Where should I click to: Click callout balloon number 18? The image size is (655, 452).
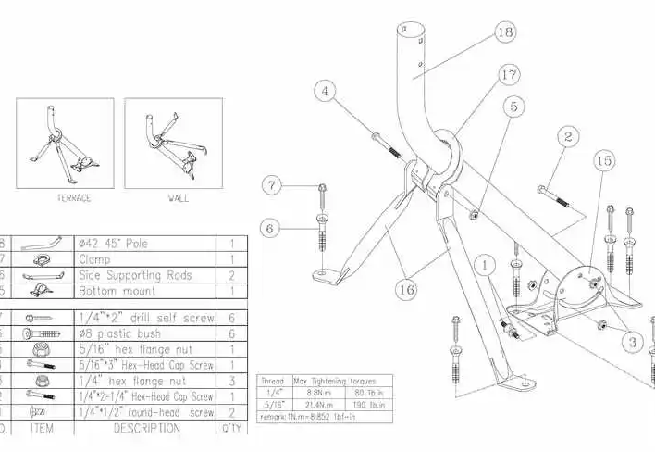click(x=504, y=32)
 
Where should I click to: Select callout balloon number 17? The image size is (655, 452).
click(x=507, y=72)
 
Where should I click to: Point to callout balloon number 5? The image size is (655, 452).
click(x=513, y=107)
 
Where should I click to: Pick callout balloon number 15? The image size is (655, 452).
click(x=603, y=161)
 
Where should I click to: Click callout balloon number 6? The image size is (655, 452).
click(x=270, y=225)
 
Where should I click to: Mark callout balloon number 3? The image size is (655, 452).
click(x=633, y=343)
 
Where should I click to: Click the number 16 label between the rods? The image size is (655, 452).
click(x=405, y=290)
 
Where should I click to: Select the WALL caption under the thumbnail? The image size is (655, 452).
click(x=178, y=198)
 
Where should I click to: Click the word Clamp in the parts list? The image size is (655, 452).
click(x=95, y=260)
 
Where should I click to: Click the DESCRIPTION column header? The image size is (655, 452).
click(x=146, y=428)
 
